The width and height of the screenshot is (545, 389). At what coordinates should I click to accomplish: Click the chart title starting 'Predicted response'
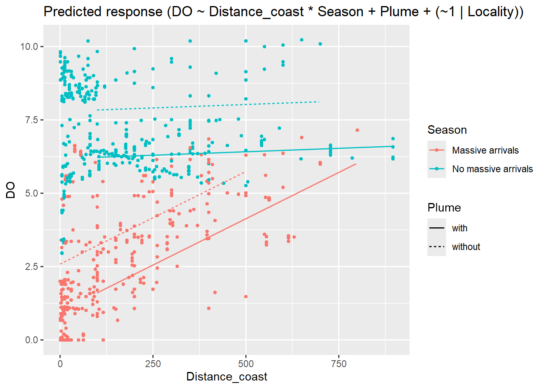[x=283, y=12]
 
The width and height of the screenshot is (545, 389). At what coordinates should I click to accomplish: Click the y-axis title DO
[x=11, y=190]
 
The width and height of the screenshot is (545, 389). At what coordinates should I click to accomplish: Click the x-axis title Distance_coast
[x=227, y=377]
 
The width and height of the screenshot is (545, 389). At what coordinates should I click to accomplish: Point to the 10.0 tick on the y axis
[x=29, y=47]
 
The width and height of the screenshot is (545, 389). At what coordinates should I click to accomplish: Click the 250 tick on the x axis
[x=153, y=364]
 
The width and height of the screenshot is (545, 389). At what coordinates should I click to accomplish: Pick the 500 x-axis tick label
[x=246, y=364]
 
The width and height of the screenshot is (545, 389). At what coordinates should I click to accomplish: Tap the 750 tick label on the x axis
[x=339, y=364]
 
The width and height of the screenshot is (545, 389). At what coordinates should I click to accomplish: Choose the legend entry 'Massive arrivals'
[x=485, y=150]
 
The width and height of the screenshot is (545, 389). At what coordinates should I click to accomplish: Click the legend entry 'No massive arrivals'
[x=492, y=169]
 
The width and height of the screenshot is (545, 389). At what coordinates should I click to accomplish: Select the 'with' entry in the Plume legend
[x=459, y=228]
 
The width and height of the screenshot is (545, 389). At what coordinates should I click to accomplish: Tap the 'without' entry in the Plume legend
[x=466, y=247]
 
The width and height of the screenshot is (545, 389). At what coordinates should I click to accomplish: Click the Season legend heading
[x=447, y=130]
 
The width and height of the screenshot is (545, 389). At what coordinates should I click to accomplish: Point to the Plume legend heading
[x=444, y=208]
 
